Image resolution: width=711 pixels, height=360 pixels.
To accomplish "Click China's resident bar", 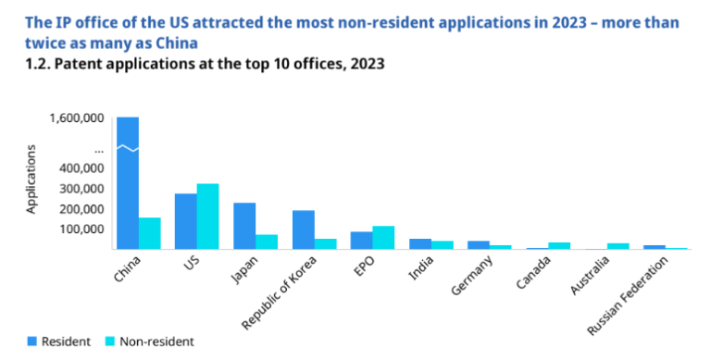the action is pyautogui.click(x=128, y=182).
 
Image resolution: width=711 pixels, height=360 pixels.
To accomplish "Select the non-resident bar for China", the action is pyautogui.click(x=150, y=233).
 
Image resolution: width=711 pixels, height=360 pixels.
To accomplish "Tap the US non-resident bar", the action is pyautogui.click(x=208, y=217).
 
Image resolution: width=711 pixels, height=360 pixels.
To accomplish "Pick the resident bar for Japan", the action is pyautogui.click(x=244, y=226).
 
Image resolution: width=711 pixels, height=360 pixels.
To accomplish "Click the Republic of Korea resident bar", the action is pyautogui.click(x=304, y=230).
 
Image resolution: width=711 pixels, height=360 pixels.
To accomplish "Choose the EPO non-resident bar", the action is pyautogui.click(x=383, y=237).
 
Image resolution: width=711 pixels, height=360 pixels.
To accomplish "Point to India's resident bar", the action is pyautogui.click(x=420, y=243).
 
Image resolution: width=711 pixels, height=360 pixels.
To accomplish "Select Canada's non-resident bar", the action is pyautogui.click(x=559, y=246).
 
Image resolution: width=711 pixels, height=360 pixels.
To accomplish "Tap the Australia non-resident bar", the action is pyautogui.click(x=618, y=246).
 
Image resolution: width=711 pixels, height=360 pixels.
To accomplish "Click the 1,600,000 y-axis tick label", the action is pyautogui.click(x=77, y=118).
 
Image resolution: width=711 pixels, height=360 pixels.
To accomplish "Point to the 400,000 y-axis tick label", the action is pyautogui.click(x=81, y=168).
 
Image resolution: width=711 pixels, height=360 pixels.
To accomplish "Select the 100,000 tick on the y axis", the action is pyautogui.click(x=81, y=229).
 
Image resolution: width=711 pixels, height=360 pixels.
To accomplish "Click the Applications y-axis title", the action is pyautogui.click(x=31, y=180).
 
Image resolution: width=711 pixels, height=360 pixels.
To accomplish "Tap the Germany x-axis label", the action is pyautogui.click(x=472, y=275).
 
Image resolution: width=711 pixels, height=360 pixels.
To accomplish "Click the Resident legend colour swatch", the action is pyautogui.click(x=31, y=341).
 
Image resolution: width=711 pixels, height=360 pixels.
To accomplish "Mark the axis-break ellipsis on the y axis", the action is pyautogui.click(x=99, y=150).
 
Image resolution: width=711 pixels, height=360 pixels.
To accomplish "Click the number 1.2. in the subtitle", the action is pyautogui.click(x=37, y=64).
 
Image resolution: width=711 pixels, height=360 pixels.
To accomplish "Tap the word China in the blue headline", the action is pyautogui.click(x=177, y=43).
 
